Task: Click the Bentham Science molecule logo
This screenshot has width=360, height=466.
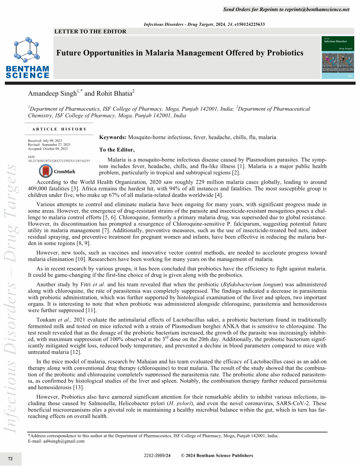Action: [x=27, y=49]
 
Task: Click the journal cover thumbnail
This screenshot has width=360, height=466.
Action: [x=338, y=58]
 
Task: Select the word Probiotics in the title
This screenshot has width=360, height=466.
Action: [x=282, y=53]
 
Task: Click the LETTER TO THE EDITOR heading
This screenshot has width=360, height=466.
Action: [x=90, y=31]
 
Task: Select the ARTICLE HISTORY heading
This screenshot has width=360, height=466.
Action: [x=60, y=129]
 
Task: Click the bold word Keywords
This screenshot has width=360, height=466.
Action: [x=113, y=137]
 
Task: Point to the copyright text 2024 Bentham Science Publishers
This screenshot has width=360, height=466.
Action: [x=221, y=455]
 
